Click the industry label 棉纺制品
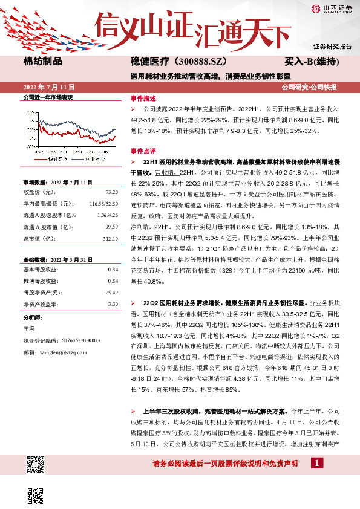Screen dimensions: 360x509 [x=42, y=61]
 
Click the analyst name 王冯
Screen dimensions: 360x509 [x=28, y=328]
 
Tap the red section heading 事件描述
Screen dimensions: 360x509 [x=142, y=98]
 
